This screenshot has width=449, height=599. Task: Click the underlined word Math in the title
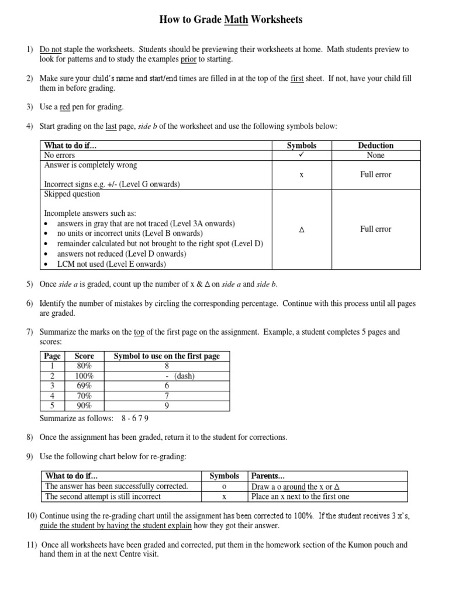point(236,20)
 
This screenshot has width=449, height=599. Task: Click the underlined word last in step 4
point(111,126)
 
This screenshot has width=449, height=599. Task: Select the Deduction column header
point(376,145)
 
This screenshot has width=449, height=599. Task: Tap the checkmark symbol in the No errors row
point(302,156)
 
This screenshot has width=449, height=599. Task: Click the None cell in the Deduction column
point(376,156)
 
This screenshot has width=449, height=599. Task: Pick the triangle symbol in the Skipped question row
point(302,230)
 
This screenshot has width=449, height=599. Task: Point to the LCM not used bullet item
point(111,264)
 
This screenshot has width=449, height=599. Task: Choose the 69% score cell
point(84,386)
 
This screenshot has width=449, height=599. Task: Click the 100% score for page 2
point(84,376)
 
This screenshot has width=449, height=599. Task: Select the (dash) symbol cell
point(179,376)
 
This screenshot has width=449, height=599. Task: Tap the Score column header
point(84,356)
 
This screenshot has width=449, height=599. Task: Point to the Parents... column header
point(268,476)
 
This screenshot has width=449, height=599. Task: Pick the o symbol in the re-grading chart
point(224,487)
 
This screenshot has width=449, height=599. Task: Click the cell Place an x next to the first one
point(301,497)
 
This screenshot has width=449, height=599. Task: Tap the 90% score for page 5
point(84,406)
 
